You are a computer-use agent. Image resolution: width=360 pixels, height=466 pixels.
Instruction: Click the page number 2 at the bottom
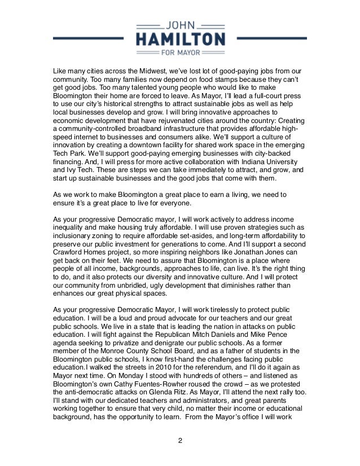180,441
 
